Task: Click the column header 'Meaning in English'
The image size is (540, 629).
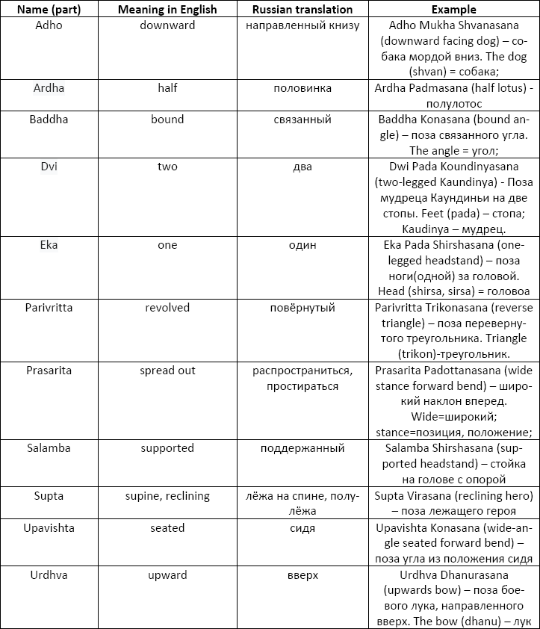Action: pyautogui.click(x=167, y=10)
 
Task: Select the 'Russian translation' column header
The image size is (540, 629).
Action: pyautogui.click(x=302, y=10)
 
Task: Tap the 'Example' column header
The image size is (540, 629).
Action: pyautogui.click(x=453, y=10)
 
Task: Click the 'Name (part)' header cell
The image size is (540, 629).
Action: pyautogui.click(x=49, y=10)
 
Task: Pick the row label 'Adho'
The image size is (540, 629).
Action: pyautogui.click(x=49, y=25)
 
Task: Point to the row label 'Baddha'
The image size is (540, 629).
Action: pyautogui.click(x=49, y=120)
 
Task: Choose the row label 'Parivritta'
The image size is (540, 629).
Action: pyautogui.click(x=49, y=308)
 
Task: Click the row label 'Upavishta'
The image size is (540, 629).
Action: pyautogui.click(x=49, y=528)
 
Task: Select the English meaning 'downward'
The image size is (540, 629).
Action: pyautogui.click(x=167, y=25)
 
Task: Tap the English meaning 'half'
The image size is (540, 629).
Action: pyautogui.click(x=167, y=88)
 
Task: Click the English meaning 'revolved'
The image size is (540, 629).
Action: pyautogui.click(x=167, y=308)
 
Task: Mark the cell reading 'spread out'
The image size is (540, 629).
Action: pyautogui.click(x=167, y=371)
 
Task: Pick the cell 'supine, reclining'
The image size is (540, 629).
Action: pyautogui.click(x=167, y=496)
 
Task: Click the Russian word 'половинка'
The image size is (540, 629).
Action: pyautogui.click(x=302, y=88)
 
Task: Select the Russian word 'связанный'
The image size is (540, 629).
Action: pyautogui.click(x=302, y=120)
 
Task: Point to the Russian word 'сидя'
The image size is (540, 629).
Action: pyautogui.click(x=302, y=528)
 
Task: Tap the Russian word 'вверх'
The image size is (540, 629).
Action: pyautogui.click(x=302, y=575)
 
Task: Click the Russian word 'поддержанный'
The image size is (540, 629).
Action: pyautogui.click(x=302, y=448)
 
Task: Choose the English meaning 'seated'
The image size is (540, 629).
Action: pyautogui.click(x=167, y=528)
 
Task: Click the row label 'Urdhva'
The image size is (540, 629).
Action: pyautogui.click(x=49, y=575)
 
